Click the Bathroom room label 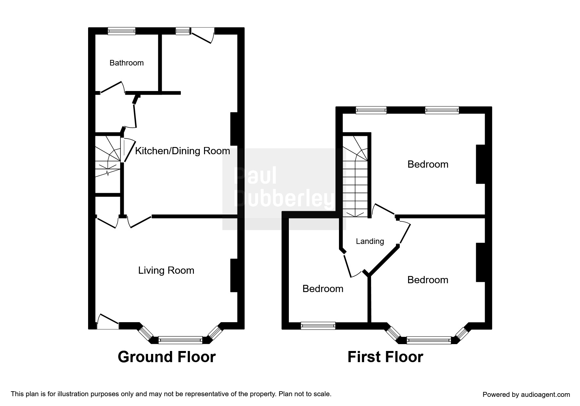126,63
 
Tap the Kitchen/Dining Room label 182,151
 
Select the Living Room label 166,270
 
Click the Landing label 370,241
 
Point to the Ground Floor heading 166,357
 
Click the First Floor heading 385,357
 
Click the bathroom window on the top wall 122,31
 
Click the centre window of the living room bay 180,341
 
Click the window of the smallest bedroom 318,325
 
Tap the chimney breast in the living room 234,275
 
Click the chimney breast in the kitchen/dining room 234,129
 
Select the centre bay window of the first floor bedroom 428,341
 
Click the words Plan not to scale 305,394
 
